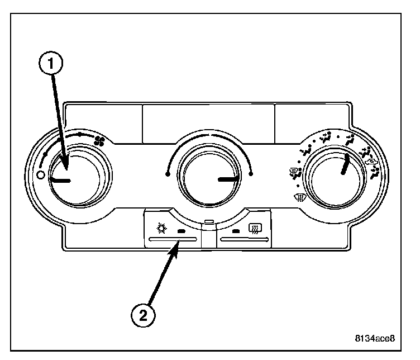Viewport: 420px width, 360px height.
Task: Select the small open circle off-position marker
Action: [40, 175]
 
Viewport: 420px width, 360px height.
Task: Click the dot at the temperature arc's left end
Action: [168, 174]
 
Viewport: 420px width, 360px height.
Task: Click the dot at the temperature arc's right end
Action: [252, 174]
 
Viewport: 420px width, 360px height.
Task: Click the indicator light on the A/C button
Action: [180, 230]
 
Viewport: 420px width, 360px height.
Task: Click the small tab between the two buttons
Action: [209, 222]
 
